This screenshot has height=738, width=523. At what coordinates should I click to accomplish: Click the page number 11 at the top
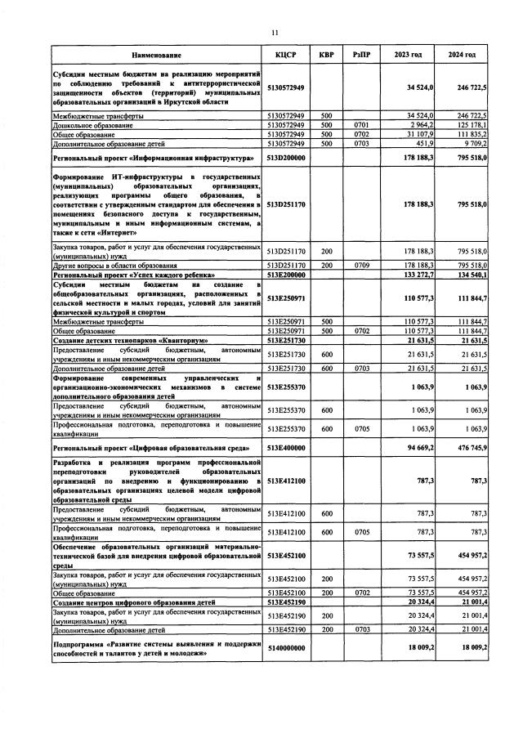[x=275, y=33]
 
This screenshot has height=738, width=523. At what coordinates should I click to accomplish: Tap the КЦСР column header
[x=285, y=55]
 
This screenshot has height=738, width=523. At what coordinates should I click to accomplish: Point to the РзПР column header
[x=360, y=55]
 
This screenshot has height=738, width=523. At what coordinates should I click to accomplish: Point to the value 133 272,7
[x=418, y=275]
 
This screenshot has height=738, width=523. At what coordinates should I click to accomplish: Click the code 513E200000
[x=286, y=275]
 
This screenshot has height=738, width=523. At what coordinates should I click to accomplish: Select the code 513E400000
[x=286, y=449]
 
